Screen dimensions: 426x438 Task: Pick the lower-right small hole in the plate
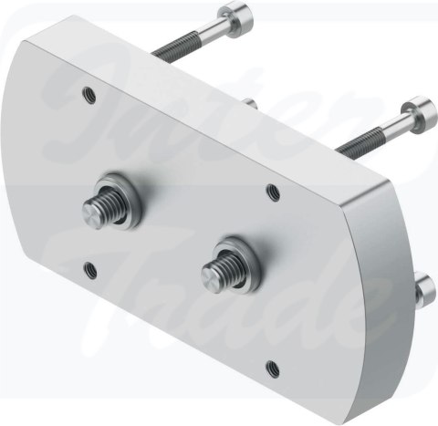(272, 369)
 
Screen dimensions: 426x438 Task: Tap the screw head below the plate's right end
(424, 289)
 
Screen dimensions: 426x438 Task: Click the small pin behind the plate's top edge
(249, 103)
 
